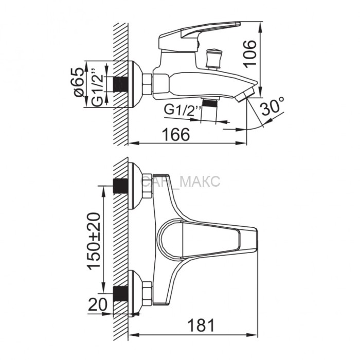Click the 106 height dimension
(250, 54)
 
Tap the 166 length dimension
(176, 135)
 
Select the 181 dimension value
(201, 325)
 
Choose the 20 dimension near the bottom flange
(98, 304)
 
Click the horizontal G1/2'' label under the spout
(183, 110)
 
